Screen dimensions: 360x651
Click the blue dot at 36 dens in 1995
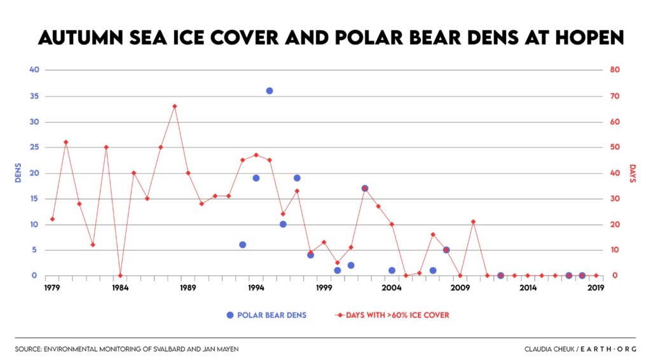tap(270, 91)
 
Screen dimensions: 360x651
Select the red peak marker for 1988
tap(174, 106)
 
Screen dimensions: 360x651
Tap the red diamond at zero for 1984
tap(120, 275)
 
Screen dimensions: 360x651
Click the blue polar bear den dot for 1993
tap(242, 244)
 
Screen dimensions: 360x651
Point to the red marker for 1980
tap(66, 142)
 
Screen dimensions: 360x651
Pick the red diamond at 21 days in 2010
tap(473, 221)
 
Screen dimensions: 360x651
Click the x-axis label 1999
tap(324, 287)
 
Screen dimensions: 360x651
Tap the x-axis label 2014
tap(528, 287)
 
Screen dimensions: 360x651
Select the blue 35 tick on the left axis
tap(34, 97)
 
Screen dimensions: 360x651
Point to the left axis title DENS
tap(18, 173)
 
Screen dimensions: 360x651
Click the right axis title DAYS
tap(632, 173)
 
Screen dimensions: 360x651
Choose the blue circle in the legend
tap(230, 315)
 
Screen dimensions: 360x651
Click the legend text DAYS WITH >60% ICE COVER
tap(397, 315)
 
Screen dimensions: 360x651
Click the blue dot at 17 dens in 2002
tap(365, 188)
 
